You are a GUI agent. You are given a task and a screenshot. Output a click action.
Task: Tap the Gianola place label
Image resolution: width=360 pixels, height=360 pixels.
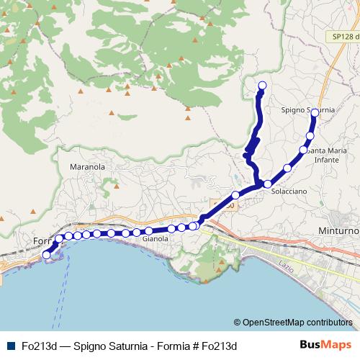(x=155, y=238)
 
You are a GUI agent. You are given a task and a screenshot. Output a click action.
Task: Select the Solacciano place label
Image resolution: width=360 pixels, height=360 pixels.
(x=290, y=193)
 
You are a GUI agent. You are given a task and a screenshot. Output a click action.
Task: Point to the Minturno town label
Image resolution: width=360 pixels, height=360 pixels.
(x=338, y=230)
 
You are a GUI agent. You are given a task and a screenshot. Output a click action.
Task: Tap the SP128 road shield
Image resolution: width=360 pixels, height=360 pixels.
(x=345, y=36)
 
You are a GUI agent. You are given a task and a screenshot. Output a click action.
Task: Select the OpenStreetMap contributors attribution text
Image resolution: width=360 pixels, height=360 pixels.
(x=297, y=322)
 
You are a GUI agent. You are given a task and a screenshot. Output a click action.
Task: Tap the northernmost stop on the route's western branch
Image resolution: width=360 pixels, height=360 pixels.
(x=262, y=86)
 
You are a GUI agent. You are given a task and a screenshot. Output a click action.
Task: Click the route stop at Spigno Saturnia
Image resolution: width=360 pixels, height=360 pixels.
(x=315, y=112)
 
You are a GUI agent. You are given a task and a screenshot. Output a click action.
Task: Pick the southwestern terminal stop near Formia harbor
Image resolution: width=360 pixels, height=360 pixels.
(x=47, y=254)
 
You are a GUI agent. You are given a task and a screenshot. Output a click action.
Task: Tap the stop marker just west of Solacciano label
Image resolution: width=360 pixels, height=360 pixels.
(x=267, y=183)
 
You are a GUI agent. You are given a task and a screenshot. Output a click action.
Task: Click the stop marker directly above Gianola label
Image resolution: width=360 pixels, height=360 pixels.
(x=148, y=231)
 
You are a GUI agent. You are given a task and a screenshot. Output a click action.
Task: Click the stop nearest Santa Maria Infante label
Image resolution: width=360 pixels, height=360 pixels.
(x=303, y=150)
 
